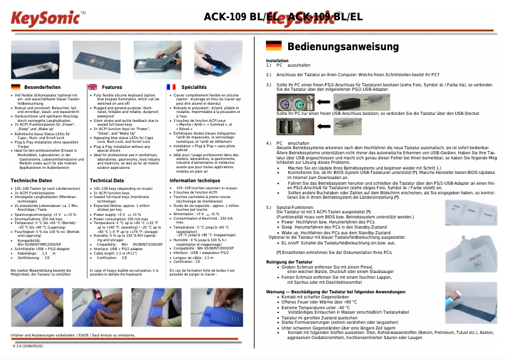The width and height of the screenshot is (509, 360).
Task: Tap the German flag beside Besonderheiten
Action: (x=16, y=86)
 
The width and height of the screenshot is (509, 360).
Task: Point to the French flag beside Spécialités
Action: (x=170, y=86)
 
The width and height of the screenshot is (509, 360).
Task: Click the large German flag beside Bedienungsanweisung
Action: (x=274, y=46)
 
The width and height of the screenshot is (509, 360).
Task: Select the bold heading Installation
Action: (x=277, y=60)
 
